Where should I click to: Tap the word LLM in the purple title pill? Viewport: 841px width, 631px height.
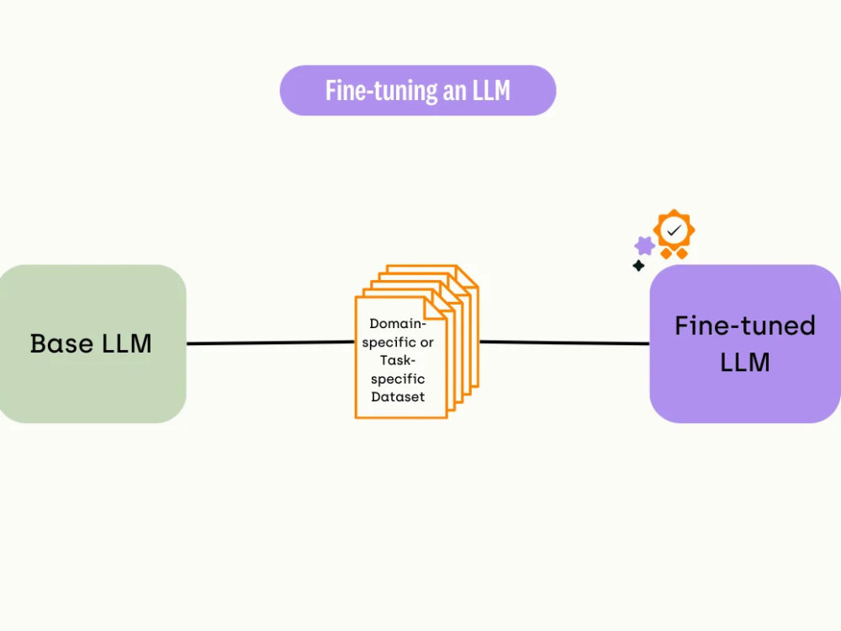[491, 90]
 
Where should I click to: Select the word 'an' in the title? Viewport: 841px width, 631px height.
[454, 92]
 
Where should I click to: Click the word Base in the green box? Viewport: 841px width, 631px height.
[61, 343]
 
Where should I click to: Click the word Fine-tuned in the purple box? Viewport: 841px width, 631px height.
[745, 326]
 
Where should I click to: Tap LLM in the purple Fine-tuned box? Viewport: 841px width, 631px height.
[745, 362]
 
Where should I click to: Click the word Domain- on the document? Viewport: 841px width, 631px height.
[398, 324]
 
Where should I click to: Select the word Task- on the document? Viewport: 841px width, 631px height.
[398, 360]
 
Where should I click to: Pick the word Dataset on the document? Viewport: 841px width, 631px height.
[398, 396]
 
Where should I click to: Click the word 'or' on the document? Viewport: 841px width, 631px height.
[427, 342]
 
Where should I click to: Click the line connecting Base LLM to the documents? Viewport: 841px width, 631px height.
[270, 342]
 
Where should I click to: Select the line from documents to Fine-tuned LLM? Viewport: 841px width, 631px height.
[564, 342]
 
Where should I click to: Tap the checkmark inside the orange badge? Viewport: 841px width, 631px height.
[674, 231]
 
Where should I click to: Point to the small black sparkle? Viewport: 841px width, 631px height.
[638, 266]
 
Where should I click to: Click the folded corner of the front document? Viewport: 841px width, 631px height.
[436, 309]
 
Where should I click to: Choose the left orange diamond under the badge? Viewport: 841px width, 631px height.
[666, 253]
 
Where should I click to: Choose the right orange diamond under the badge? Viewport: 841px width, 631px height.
[682, 253]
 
